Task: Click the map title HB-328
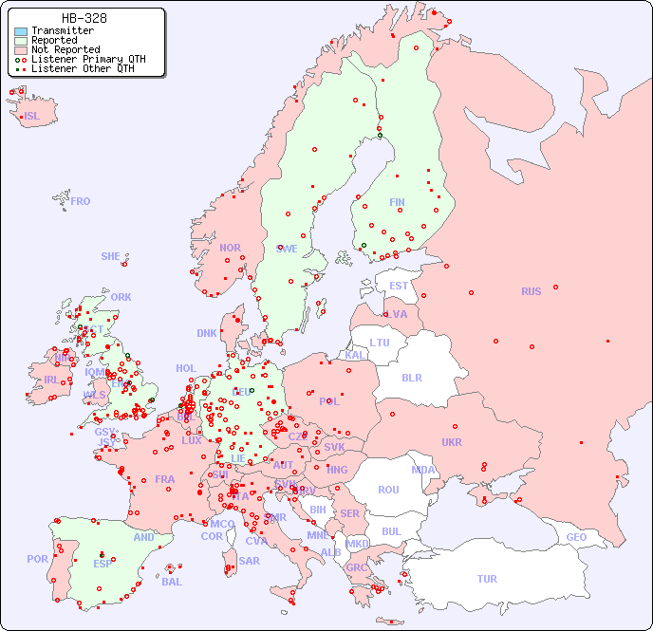[84, 18]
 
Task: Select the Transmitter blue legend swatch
[21, 31]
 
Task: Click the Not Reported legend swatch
[21, 49]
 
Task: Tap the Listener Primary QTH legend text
[88, 59]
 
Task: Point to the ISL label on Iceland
[32, 117]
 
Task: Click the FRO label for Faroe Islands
[81, 201]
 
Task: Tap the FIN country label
[397, 202]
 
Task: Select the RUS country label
[531, 291]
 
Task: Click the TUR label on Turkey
[487, 579]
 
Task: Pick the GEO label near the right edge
[576, 537]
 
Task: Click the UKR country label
[452, 442]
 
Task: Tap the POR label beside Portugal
[37, 559]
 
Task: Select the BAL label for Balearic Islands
[172, 582]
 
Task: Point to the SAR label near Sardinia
[249, 561]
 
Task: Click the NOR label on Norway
[230, 248]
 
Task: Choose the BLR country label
[411, 377]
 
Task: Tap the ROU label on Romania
[388, 490]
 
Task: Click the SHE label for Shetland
[111, 256]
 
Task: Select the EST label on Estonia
[399, 286]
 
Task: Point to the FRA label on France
[165, 479]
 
